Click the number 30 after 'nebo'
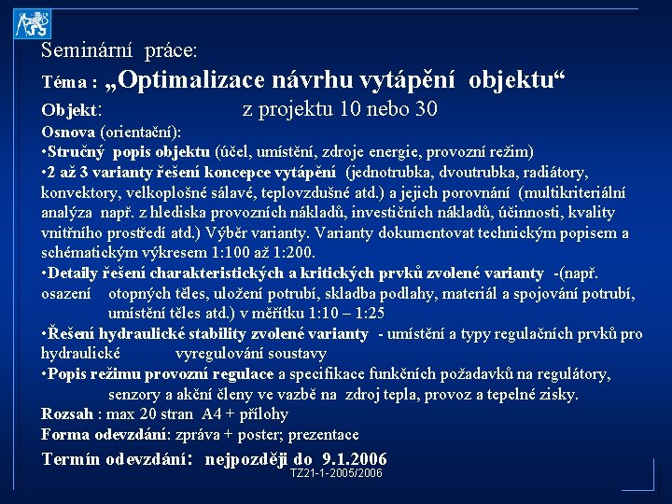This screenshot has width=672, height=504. click(x=425, y=109)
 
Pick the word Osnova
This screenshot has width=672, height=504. click(x=68, y=132)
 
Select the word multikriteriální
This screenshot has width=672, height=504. click(x=561, y=192)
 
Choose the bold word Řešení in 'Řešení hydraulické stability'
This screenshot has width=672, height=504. click(x=76, y=334)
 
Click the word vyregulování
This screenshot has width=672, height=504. click(x=220, y=354)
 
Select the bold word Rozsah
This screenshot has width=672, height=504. click(x=67, y=414)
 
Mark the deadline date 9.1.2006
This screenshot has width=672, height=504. click(x=354, y=458)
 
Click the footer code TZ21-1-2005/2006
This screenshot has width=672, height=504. click(x=336, y=473)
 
